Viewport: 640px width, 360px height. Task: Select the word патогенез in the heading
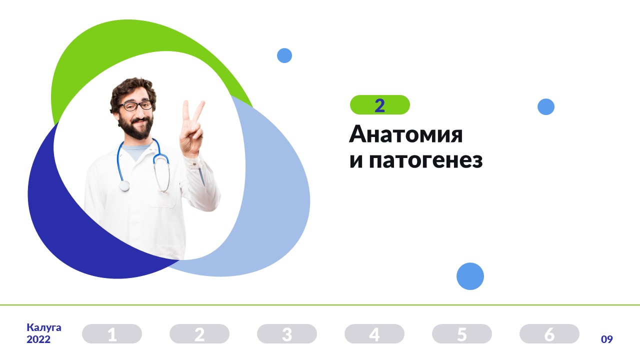tap(425, 160)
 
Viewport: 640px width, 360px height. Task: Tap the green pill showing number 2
tap(379, 105)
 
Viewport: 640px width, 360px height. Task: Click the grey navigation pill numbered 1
tap(112, 333)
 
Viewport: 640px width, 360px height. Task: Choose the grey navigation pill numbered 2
tap(199, 333)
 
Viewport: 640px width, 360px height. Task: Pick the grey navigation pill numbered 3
tap(287, 333)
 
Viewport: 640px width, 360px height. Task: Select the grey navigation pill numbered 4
tap(374, 333)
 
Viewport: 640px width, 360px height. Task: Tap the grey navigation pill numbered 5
tap(462, 333)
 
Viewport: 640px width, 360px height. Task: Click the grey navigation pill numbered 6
tap(549, 333)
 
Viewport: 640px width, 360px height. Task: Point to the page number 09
tap(607, 339)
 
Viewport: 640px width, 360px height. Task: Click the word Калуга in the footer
tap(43, 327)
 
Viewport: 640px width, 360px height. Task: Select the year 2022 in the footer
tap(38, 339)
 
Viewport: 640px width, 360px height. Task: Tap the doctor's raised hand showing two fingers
tap(192, 128)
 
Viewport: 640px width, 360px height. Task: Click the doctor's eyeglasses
tap(136, 105)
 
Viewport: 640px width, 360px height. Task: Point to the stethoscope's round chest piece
tap(124, 185)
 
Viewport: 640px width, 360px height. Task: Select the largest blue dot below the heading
tap(470, 276)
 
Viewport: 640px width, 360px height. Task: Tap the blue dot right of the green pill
tap(546, 107)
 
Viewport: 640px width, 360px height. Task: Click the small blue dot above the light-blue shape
tap(284, 55)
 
